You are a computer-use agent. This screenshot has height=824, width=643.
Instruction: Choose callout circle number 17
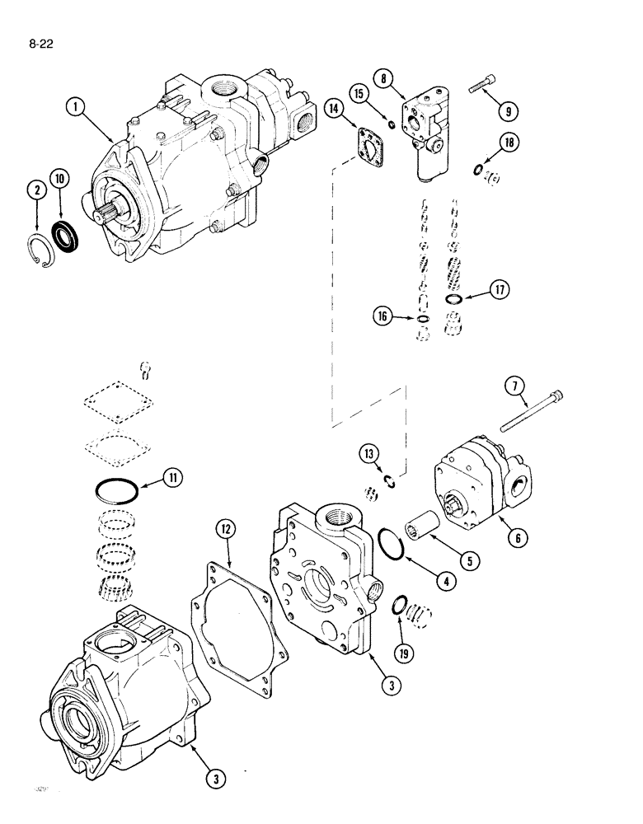tap(502, 289)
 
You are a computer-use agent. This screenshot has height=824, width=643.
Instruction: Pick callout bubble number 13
tap(368, 454)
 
